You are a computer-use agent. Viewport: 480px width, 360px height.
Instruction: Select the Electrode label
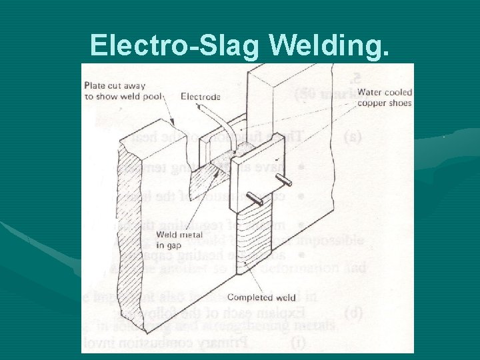point(201,97)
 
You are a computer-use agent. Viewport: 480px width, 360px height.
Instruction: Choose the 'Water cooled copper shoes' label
point(385,97)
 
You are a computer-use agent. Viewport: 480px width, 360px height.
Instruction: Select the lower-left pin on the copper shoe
point(255,196)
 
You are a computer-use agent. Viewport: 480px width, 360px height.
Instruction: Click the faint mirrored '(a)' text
point(353,138)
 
